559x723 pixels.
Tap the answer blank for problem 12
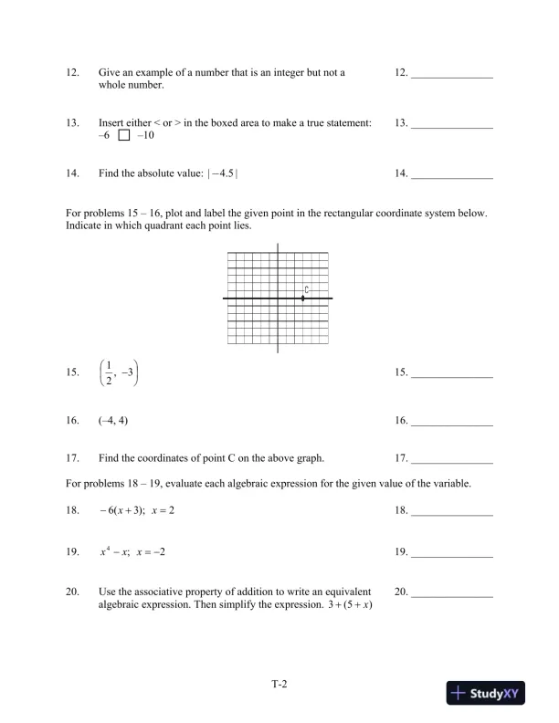tap(452, 76)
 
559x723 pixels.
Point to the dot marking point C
tap(303, 299)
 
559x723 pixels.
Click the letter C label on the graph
tap(307, 289)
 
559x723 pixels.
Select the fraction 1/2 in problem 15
tap(109, 374)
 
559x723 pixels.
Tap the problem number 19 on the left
tap(72, 553)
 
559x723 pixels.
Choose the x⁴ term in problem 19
tap(105, 552)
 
